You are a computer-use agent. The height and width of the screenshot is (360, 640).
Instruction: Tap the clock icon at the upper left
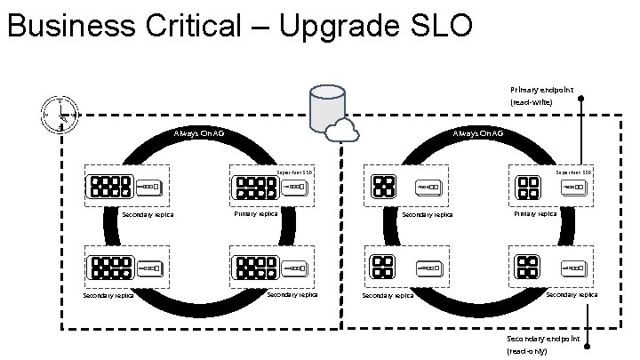[x=60, y=114]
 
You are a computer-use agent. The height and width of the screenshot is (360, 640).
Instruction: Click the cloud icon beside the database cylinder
[x=340, y=132]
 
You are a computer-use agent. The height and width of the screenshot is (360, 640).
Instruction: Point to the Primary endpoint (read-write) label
[x=540, y=95]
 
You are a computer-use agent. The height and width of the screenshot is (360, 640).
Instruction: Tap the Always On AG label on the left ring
[x=199, y=133]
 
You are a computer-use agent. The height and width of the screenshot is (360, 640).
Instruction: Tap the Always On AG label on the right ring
[x=477, y=133]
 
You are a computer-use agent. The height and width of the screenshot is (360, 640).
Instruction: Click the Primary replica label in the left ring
[x=256, y=213]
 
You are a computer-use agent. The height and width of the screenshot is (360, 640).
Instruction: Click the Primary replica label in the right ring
[x=535, y=213]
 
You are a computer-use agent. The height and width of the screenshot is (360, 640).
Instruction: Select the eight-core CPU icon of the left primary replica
[x=254, y=188]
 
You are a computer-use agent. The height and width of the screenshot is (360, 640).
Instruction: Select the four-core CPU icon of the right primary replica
[x=529, y=188]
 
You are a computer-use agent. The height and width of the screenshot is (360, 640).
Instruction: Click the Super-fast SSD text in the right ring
[x=573, y=172]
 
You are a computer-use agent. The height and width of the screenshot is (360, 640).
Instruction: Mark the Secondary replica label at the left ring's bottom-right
[x=292, y=294]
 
